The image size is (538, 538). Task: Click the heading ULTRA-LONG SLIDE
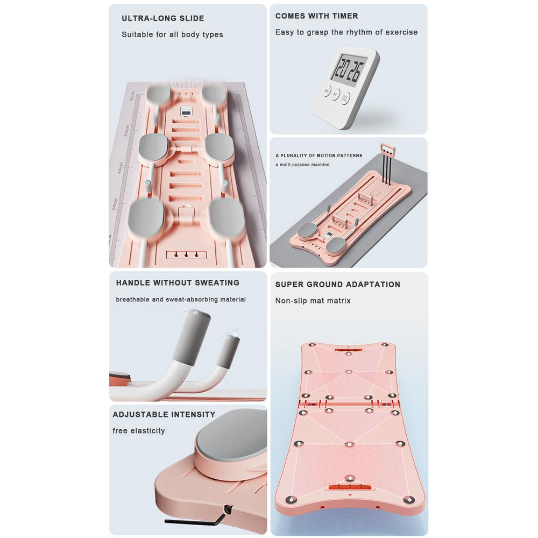click(162, 18)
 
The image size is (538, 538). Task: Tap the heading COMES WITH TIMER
click(316, 16)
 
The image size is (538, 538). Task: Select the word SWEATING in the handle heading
click(217, 283)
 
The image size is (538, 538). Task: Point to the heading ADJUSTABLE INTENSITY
click(164, 414)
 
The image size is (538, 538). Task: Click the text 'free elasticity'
click(139, 430)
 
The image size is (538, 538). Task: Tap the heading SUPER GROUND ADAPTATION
click(338, 285)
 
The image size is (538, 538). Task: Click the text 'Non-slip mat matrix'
click(313, 301)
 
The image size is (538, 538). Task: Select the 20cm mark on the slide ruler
click(126, 130)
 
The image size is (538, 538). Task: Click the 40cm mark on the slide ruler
click(120, 168)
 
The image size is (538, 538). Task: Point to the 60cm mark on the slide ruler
click(114, 204)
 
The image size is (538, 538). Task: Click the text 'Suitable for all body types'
click(172, 34)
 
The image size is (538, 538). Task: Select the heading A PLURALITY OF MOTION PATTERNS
click(318, 155)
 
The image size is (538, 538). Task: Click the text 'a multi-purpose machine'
click(302, 165)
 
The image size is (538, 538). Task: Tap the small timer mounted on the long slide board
click(186, 112)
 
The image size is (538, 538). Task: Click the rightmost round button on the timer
click(345, 98)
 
